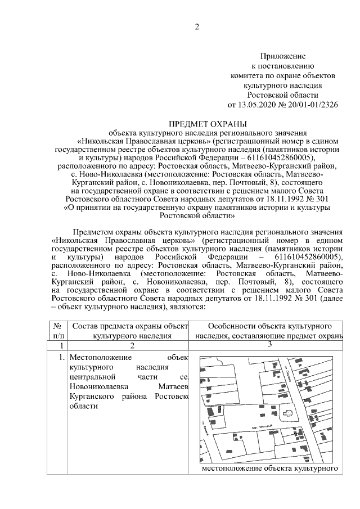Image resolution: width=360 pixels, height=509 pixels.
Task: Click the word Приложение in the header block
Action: point(282,56)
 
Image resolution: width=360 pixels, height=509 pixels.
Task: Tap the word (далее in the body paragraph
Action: point(331,299)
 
